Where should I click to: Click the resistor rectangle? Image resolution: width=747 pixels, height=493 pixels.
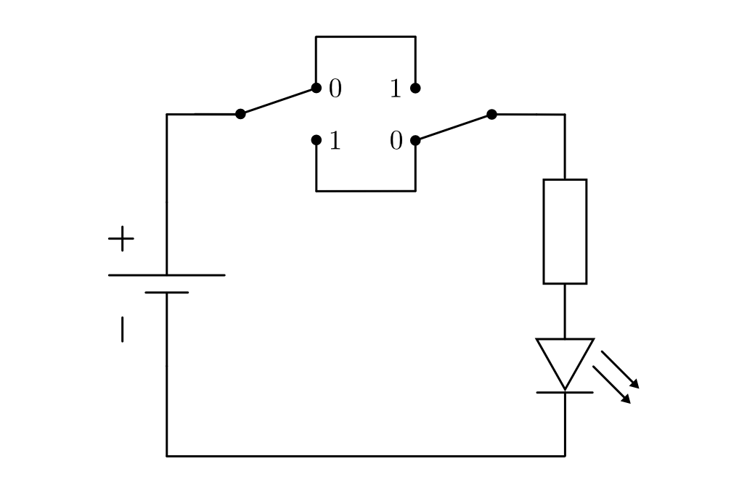565,231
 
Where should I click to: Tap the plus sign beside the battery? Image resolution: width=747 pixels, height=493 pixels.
121,238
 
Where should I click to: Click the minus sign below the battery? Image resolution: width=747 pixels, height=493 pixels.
122,329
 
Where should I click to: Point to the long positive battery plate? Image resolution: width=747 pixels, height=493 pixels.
166,275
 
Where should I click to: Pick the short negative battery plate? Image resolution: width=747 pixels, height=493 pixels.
166,293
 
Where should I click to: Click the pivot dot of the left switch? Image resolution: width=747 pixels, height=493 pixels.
240,114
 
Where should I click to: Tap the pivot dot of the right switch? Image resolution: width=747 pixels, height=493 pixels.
491,114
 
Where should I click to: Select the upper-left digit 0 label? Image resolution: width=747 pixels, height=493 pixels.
335,89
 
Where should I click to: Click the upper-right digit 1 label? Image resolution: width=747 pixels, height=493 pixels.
395,89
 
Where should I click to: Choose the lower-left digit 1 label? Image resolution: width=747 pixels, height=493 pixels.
335,141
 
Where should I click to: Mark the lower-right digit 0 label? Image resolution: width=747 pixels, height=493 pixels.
396,141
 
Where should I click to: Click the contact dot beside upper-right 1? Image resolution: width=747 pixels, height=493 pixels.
415,88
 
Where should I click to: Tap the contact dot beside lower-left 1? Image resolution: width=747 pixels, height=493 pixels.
316,140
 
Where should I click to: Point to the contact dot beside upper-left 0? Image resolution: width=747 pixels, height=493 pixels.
316,88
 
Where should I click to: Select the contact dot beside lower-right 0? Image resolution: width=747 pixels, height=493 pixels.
415,140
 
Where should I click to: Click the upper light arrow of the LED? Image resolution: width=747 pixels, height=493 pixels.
620,370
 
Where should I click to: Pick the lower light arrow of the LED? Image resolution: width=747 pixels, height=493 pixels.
611,384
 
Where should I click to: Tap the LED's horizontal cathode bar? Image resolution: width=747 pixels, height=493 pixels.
565,392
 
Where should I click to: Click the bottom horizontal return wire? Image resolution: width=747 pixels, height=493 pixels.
363,456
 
